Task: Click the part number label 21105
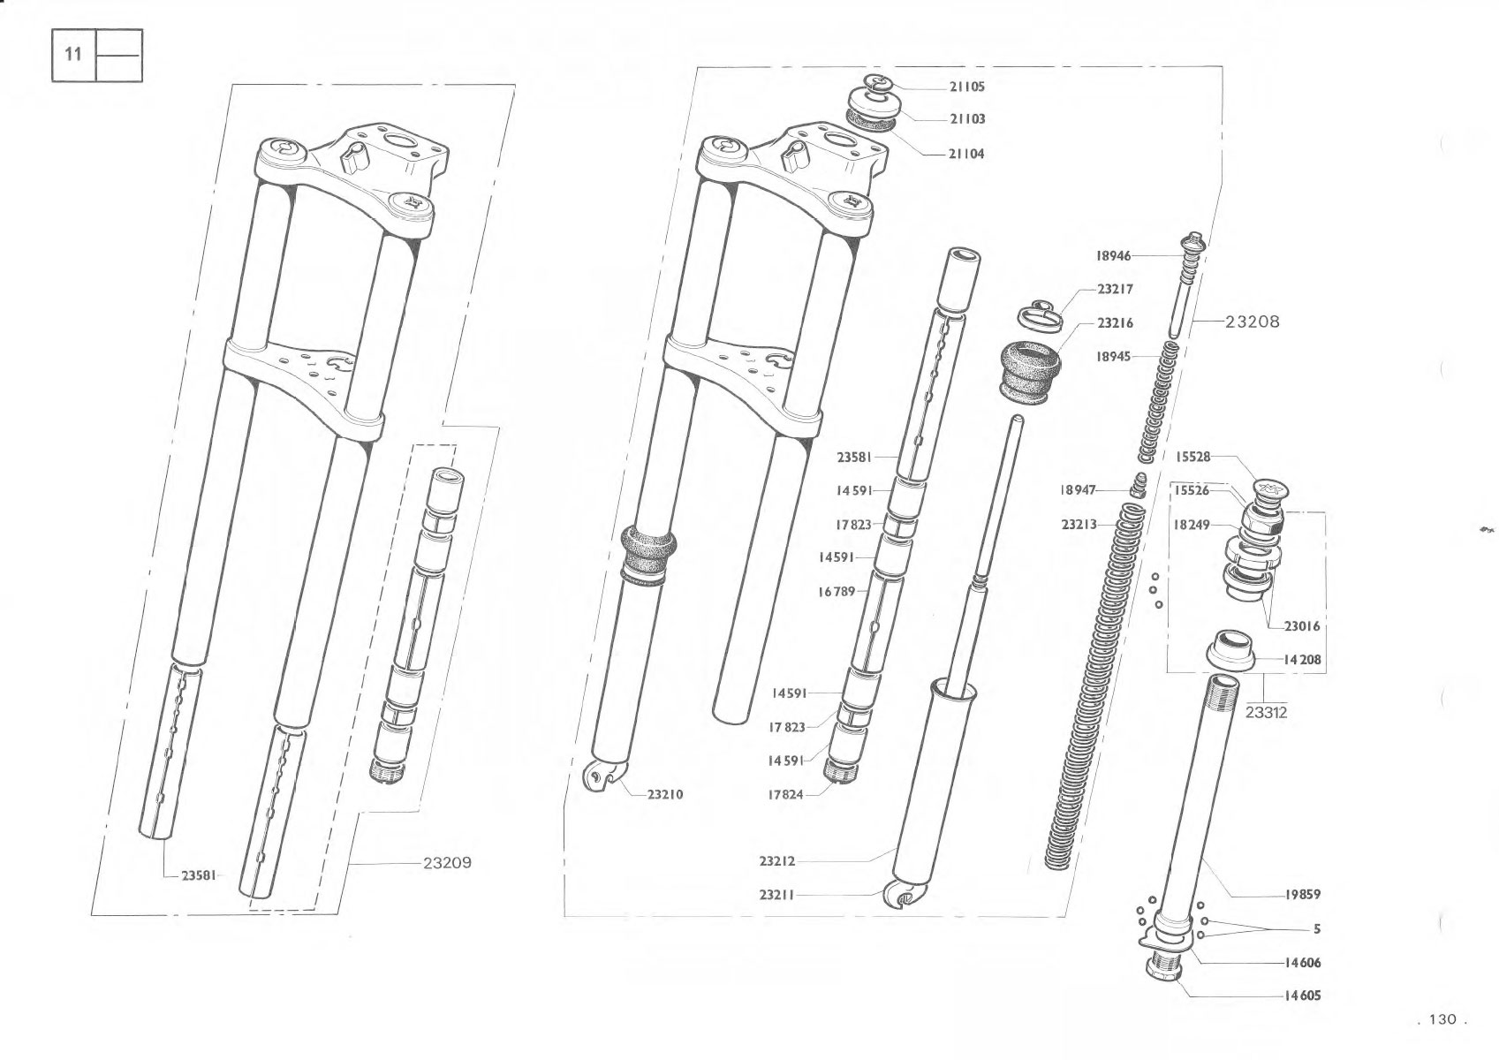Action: tap(966, 87)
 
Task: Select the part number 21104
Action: tap(966, 154)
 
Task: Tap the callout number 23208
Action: tap(1252, 322)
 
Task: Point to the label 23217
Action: tap(1115, 290)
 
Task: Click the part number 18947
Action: tap(1078, 490)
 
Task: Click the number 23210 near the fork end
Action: tap(665, 795)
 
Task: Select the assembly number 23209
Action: tap(447, 863)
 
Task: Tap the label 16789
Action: tap(837, 592)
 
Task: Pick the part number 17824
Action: tap(785, 795)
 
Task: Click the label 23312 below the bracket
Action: tap(1266, 713)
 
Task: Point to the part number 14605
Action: tap(1302, 996)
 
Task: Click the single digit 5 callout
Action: tap(1317, 929)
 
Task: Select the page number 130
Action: tap(1442, 1019)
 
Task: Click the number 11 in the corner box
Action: tap(73, 54)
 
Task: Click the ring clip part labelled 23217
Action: tap(1041, 314)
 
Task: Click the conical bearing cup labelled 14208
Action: tap(1230, 648)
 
